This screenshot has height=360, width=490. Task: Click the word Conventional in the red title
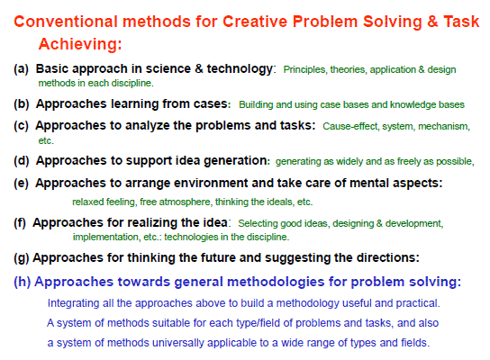pyautogui.click(x=66, y=22)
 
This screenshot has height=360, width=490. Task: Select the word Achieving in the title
pyautogui.click(x=78, y=43)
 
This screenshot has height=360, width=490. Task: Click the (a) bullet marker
pyautogui.click(x=21, y=68)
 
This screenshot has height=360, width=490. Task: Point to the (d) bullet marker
pyautogui.click(x=22, y=160)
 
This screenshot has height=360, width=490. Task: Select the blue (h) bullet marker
pyautogui.click(x=22, y=282)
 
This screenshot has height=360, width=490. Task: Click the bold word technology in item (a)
pyautogui.click(x=240, y=68)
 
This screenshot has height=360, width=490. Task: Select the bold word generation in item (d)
pyautogui.click(x=236, y=160)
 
